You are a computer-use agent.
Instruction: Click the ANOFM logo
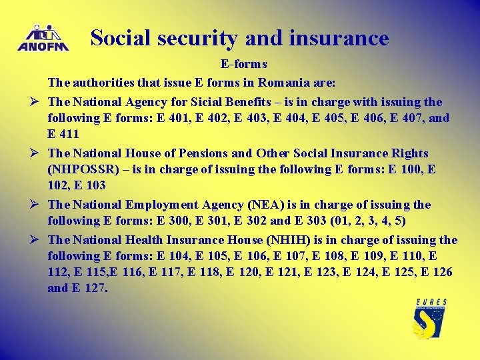pyautogui.click(x=43, y=38)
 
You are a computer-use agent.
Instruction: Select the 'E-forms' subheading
pyautogui.click(x=244, y=64)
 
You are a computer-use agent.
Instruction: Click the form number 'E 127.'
pyautogui.click(x=90, y=289)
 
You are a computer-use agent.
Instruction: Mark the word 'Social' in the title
pyautogui.click(x=116, y=38)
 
